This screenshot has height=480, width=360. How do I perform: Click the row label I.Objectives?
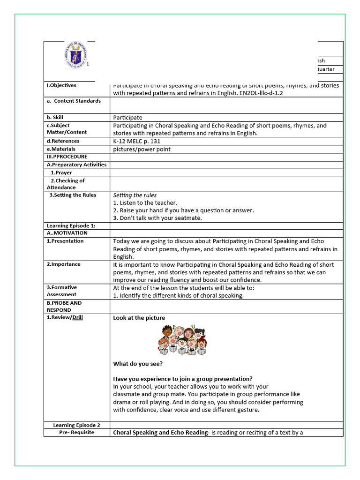61,85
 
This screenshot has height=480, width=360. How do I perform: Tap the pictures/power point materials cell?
142,149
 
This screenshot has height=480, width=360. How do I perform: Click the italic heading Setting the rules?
135,195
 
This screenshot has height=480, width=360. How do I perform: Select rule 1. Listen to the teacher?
145,203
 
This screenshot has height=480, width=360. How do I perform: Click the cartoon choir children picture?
182,339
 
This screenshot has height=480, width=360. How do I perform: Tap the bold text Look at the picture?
139,318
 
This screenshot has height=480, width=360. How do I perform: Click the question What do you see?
138,364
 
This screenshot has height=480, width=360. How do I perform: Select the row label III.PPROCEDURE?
67,157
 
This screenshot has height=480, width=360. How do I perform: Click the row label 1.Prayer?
61,173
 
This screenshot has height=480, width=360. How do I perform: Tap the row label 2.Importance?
63,264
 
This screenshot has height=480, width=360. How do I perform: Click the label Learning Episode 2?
76,425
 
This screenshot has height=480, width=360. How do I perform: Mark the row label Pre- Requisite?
76,432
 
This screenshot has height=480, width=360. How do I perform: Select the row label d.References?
63,141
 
